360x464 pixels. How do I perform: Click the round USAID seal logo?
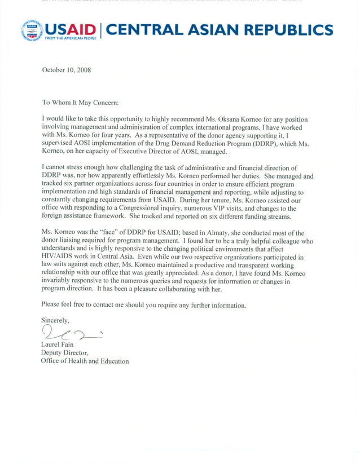[32, 30]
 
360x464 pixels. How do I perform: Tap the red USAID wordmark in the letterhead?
[70, 28]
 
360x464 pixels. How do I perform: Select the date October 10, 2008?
[66, 70]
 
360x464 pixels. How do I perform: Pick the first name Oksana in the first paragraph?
[239, 120]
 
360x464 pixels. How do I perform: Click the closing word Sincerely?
[55, 321]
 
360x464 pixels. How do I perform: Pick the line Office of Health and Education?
[85, 361]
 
